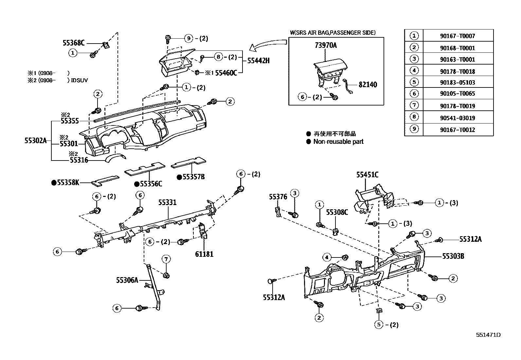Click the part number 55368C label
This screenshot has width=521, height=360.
[x=74, y=43]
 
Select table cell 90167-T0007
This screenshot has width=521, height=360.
[x=457, y=36]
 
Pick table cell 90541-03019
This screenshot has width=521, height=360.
[x=457, y=118]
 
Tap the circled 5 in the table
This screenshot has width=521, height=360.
[x=414, y=82]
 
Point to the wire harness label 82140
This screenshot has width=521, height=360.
[x=368, y=85]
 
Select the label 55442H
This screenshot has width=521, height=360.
[x=258, y=61]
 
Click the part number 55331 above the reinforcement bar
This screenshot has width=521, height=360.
[x=167, y=202]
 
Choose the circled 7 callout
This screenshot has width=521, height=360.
[x=166, y=259]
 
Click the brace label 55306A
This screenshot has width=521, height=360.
[x=127, y=280]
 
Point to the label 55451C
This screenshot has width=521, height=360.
[x=367, y=175]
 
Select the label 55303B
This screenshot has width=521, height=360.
[x=453, y=256]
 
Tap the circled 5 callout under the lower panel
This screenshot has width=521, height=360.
[x=379, y=325]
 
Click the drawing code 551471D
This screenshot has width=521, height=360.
[x=488, y=335]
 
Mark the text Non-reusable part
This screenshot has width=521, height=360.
[x=338, y=142]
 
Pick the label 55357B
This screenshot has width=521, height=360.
[x=193, y=177]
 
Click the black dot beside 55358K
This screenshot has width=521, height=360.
[x=54, y=183]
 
